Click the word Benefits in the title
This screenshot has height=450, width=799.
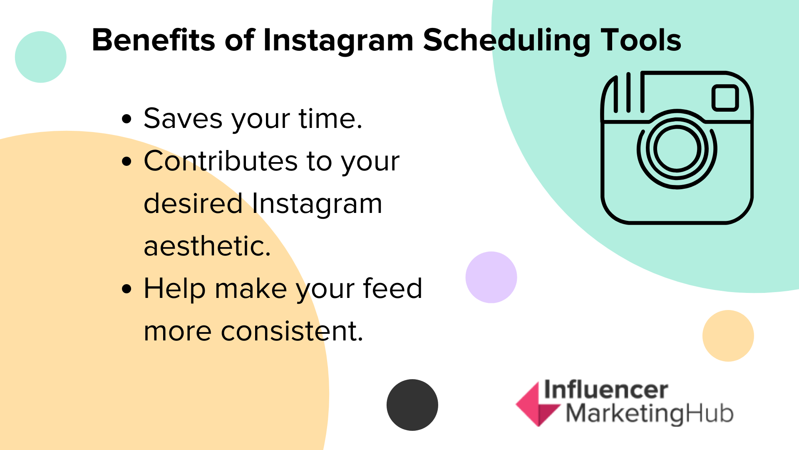tap(154, 40)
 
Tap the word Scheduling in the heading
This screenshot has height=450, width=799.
tap(507, 41)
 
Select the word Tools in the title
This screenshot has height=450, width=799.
tap(640, 40)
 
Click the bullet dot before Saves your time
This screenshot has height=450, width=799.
tap(127, 119)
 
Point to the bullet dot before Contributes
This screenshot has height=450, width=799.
tap(127, 162)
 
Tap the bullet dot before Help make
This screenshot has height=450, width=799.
tap(127, 289)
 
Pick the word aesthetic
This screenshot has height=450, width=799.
tap(207, 246)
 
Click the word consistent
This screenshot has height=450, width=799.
tap(292, 331)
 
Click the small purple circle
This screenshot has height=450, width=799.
tap(491, 277)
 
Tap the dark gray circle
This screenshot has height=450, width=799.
tap(412, 405)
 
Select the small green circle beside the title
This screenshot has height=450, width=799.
tap(41, 57)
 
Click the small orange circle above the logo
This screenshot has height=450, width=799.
tap(728, 335)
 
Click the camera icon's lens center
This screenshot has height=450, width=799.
tap(677, 149)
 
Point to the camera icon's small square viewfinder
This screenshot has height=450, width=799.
tap(725, 98)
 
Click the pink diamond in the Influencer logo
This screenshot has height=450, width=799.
tap(537, 404)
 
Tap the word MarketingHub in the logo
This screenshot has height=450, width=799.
tap(650, 414)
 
